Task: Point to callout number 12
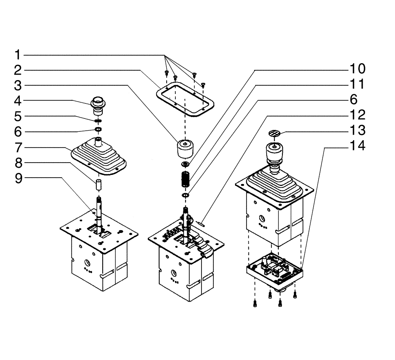(x=357, y=115)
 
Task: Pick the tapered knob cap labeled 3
(x=184, y=149)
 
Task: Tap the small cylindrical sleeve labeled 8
(x=99, y=184)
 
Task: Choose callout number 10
(x=357, y=69)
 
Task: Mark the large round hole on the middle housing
(x=173, y=272)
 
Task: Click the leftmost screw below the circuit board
(x=254, y=303)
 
